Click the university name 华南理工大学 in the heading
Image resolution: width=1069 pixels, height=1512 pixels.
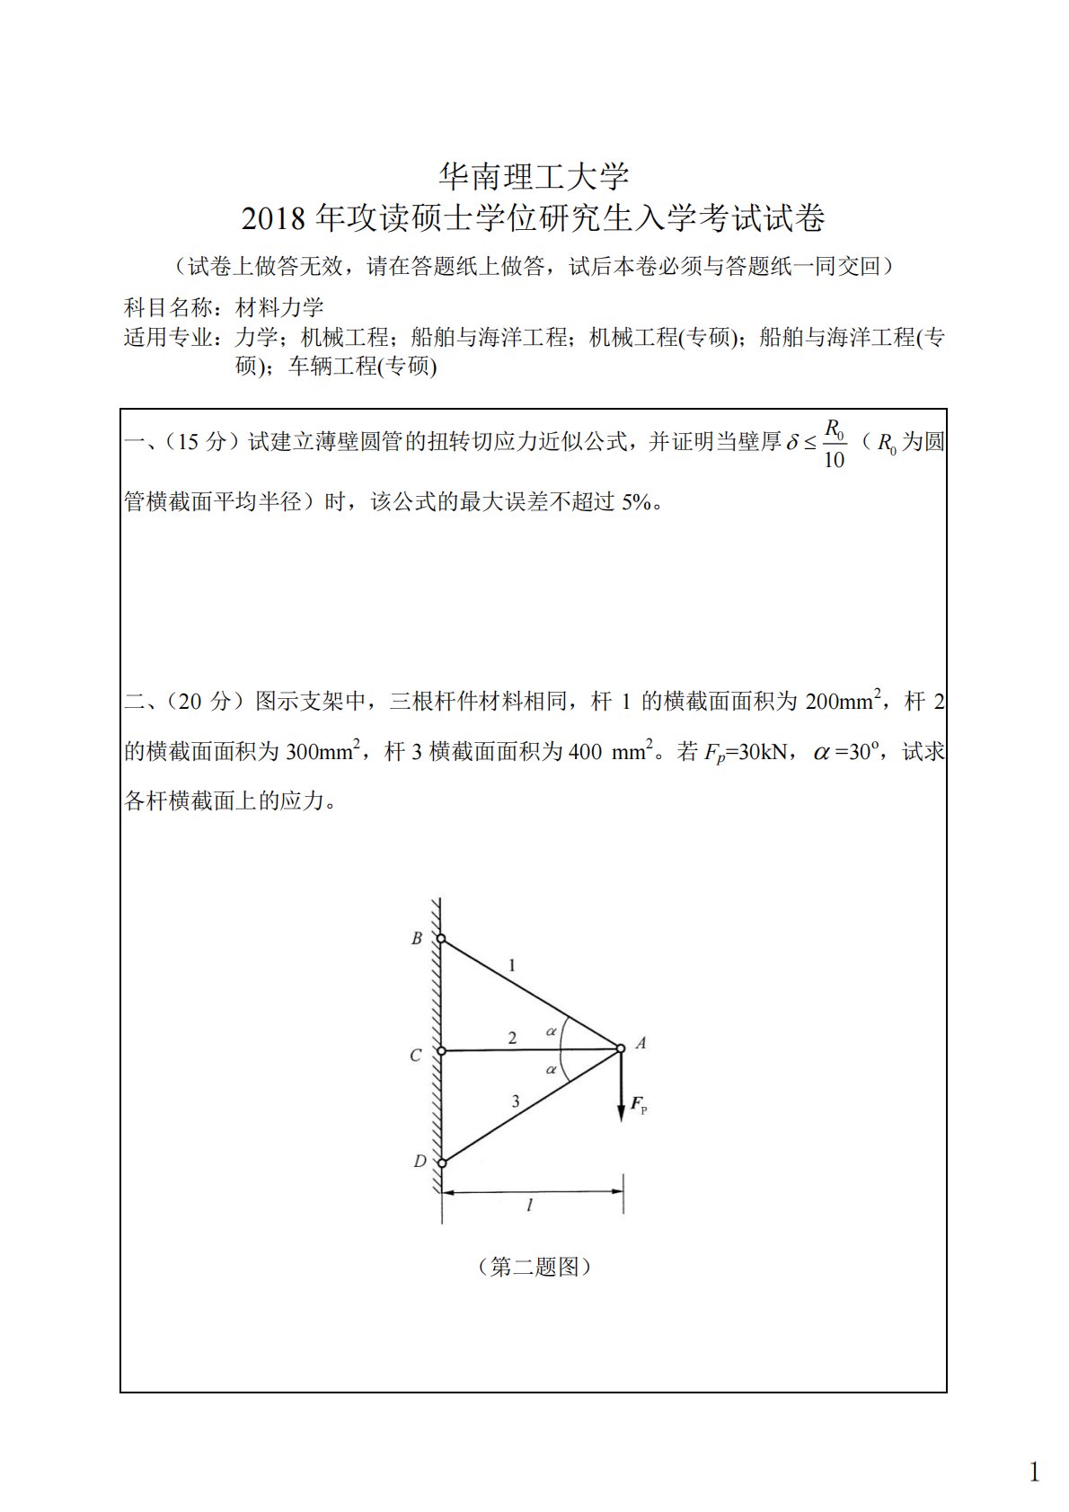[534, 176]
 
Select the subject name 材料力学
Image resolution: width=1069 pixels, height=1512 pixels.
[279, 307]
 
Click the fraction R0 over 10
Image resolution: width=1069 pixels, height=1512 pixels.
[834, 443]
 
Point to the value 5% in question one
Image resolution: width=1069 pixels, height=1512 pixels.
[637, 501]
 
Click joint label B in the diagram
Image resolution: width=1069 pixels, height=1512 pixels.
[416, 939]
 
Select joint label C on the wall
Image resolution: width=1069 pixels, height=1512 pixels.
[415, 1056]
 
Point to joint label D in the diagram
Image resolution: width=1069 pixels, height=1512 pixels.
[420, 1162]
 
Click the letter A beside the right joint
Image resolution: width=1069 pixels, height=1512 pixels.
[641, 1044]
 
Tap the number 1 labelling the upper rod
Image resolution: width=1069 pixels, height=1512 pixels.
[512, 966]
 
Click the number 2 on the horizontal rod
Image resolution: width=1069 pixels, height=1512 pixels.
[512, 1038]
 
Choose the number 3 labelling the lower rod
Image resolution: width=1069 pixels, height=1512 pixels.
[515, 1101]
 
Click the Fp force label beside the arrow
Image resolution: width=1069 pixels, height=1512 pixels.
[639, 1105]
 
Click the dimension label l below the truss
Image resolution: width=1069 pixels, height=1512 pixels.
[530, 1206]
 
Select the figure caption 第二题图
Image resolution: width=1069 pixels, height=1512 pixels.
[534, 1267]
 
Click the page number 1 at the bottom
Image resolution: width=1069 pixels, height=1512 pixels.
[1034, 1472]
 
